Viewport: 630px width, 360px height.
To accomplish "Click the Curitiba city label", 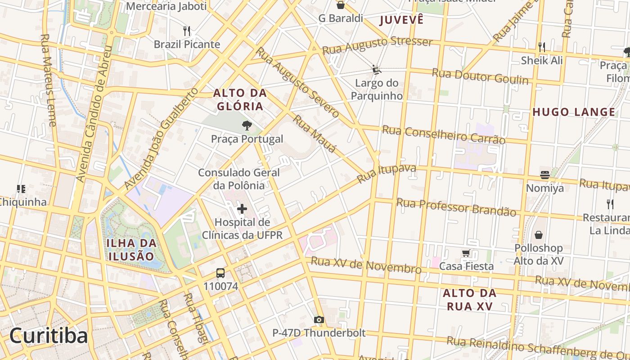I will pyautogui.click(x=49, y=336).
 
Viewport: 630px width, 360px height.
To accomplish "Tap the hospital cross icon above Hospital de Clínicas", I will pyautogui.click(x=242, y=209).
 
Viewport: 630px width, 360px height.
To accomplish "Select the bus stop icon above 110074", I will pyautogui.click(x=220, y=273).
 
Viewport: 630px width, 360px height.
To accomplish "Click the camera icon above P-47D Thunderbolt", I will pyautogui.click(x=319, y=320).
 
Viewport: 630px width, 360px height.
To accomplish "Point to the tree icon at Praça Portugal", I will pyautogui.click(x=247, y=126).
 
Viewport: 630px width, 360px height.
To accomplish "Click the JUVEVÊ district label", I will pyautogui.click(x=401, y=20).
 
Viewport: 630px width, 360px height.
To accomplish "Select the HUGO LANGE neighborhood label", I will pyautogui.click(x=574, y=112).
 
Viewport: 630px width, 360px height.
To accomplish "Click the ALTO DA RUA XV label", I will pyautogui.click(x=469, y=300).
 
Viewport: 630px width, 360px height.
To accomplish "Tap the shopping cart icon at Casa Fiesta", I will pyautogui.click(x=466, y=253).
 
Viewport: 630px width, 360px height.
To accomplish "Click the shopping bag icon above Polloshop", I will pyautogui.click(x=538, y=235).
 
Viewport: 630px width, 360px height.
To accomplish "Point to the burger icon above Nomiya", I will pyautogui.click(x=544, y=175).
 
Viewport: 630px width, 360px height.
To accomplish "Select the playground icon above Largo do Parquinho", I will pyautogui.click(x=376, y=70).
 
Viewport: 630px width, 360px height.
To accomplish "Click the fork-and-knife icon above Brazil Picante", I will pyautogui.click(x=187, y=31).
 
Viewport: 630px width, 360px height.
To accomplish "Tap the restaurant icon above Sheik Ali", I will pyautogui.click(x=542, y=47).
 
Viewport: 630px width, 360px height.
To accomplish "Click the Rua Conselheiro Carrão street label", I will pyautogui.click(x=443, y=135).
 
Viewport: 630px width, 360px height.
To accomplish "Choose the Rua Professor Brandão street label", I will pyautogui.click(x=455, y=207).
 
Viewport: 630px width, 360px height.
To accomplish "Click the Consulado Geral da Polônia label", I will pyautogui.click(x=239, y=179).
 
